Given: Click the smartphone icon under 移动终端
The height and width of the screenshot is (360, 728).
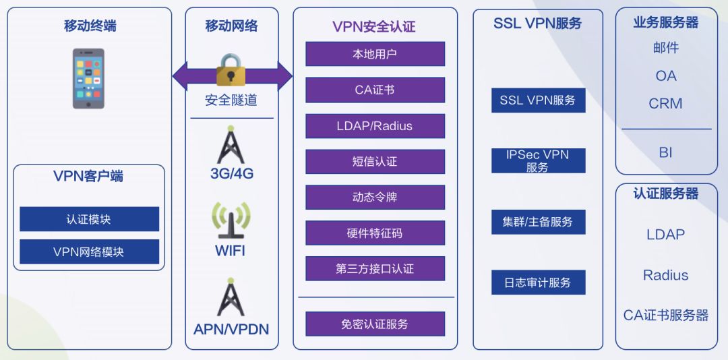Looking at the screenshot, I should point(88,78).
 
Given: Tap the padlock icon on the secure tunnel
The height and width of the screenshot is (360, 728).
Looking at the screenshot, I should point(232,70).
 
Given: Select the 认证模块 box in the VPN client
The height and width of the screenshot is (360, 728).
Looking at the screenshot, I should point(89,219).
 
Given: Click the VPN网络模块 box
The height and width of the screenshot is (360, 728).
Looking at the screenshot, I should point(89,251).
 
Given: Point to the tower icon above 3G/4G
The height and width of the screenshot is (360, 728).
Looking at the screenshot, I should point(231,144).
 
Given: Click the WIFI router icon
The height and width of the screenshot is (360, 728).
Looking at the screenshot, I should point(231,220).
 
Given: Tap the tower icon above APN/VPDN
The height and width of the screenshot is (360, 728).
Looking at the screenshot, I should point(231,297).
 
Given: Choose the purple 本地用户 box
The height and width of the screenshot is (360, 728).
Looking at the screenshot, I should point(375,54).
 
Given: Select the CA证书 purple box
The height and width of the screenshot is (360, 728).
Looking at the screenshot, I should point(375,90).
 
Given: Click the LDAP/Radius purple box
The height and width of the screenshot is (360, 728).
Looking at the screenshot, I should point(375,126).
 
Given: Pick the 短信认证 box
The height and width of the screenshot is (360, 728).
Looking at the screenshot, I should point(375,162).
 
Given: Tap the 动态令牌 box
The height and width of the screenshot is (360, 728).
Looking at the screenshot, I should point(375,198).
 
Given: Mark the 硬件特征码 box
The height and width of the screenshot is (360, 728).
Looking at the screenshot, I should point(375,233).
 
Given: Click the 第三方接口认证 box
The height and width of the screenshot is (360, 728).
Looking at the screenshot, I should point(375,269).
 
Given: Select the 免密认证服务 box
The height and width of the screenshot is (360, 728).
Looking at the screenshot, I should point(375,324).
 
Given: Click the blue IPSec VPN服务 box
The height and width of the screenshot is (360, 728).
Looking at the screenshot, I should point(538,161).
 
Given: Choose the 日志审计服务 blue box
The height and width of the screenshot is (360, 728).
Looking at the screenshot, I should point(538,282).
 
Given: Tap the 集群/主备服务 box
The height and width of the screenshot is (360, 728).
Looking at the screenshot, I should point(538,222).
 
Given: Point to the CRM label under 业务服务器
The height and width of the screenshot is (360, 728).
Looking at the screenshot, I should point(665,104).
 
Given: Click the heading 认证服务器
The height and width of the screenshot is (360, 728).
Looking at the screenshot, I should point(665,193).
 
